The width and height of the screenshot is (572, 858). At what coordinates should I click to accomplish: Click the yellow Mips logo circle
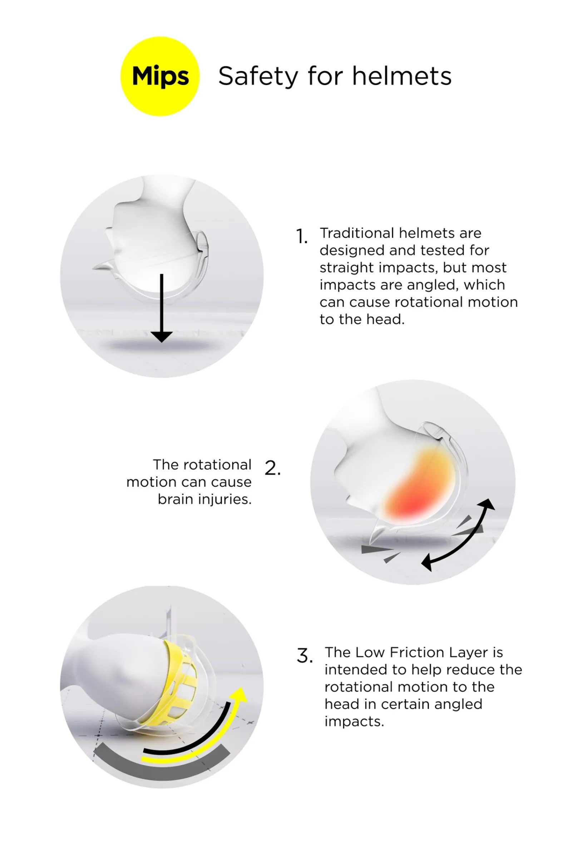(160, 76)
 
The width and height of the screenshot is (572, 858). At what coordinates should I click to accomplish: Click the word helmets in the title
(401, 76)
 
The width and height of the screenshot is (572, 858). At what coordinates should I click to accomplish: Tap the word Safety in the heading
(258, 77)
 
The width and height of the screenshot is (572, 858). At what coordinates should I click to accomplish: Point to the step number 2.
(272, 468)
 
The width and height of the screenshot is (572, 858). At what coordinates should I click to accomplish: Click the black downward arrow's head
(162, 336)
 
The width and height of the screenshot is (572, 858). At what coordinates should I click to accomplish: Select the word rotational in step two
(217, 465)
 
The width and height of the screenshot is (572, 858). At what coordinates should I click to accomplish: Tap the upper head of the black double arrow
(487, 504)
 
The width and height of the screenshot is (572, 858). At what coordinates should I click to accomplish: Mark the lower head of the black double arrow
(427, 563)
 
